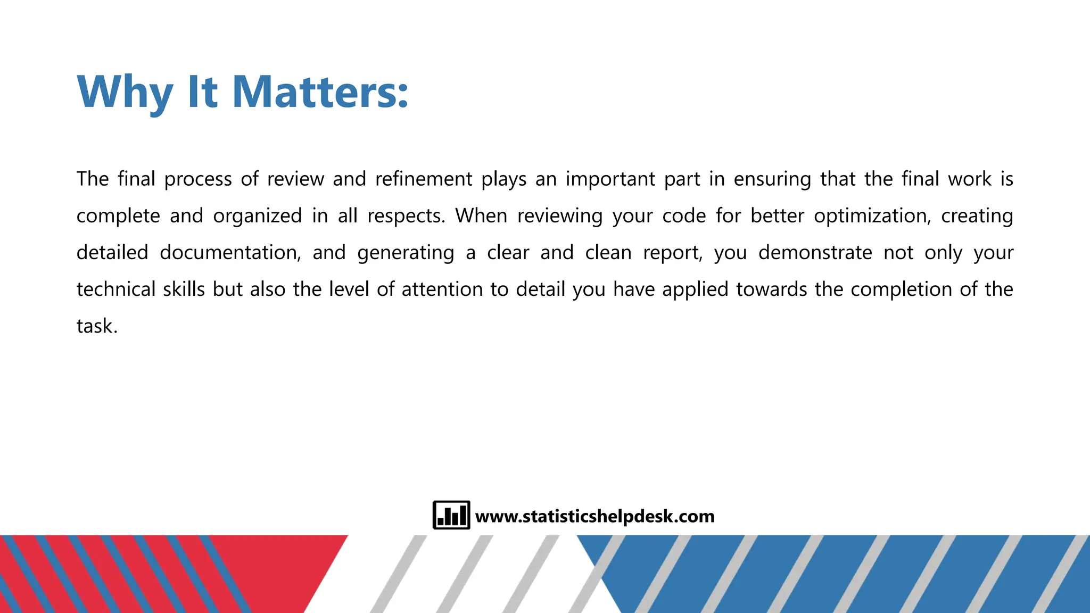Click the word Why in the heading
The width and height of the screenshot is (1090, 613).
coord(125,92)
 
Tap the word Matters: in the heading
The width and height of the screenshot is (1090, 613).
coord(320,92)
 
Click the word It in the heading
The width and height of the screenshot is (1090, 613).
coord(202,92)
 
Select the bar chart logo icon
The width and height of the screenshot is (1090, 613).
coord(451,515)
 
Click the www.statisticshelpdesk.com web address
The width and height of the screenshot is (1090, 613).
coord(594,516)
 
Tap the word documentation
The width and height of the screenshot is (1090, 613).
coord(230,252)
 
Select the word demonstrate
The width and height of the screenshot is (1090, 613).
coord(815,252)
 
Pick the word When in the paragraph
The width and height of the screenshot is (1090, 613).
coord(481,216)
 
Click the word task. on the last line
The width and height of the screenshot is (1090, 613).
coord(97,326)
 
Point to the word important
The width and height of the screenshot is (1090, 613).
coord(610,179)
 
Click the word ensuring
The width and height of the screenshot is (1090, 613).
coord(772,179)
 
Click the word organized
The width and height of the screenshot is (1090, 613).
coord(257,216)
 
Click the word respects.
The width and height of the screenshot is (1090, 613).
coord(406,216)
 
